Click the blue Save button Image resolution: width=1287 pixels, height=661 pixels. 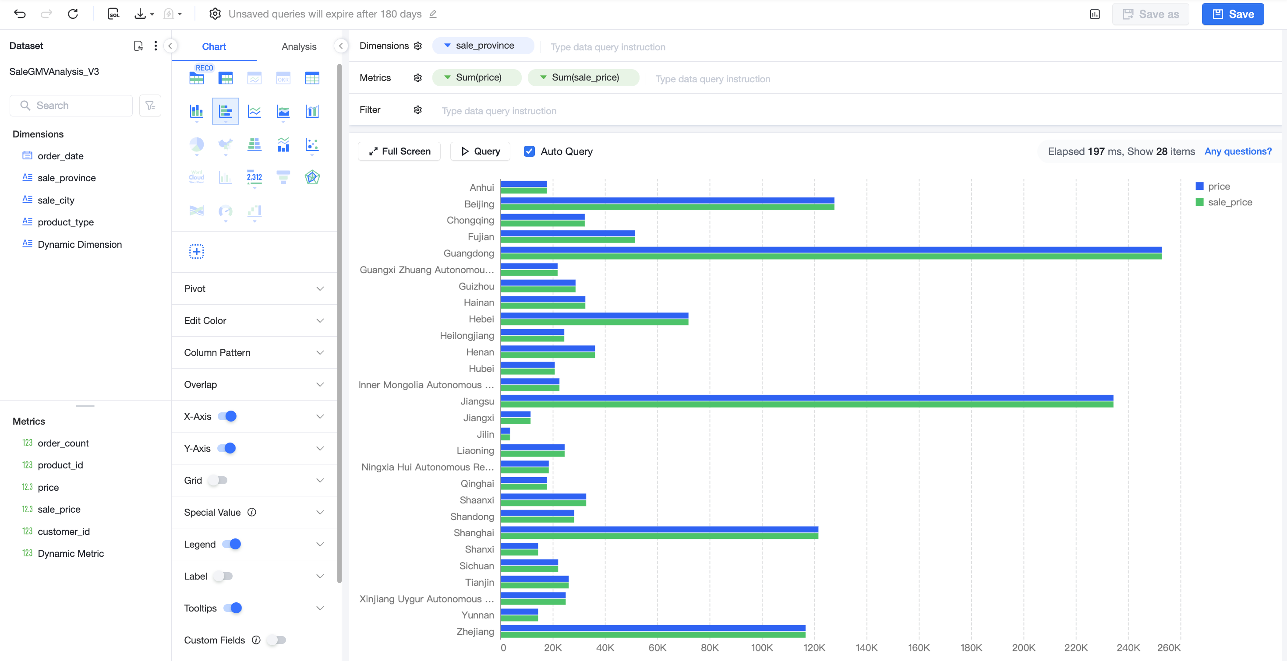pos(1233,14)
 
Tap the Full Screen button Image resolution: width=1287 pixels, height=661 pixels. pos(399,151)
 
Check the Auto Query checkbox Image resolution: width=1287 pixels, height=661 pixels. pos(529,151)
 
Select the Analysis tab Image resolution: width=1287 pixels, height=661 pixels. pos(299,46)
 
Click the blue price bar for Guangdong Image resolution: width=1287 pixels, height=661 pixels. pos(831,250)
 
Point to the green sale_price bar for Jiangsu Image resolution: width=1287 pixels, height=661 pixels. pos(807,404)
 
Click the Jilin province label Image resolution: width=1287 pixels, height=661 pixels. pos(485,434)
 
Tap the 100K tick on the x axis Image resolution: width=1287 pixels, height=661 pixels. pos(762,647)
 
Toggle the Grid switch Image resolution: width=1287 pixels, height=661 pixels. pos(218,480)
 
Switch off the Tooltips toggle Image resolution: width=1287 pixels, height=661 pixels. pos(233,608)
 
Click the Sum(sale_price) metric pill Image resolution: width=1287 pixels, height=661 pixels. pos(583,77)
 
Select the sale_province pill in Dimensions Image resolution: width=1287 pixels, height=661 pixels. pos(483,46)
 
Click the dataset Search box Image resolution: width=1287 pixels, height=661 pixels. pos(71,105)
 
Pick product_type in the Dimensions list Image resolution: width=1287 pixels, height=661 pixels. pos(65,222)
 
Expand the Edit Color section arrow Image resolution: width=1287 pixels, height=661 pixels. pos(320,320)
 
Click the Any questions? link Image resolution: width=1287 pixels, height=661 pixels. pos(1238,151)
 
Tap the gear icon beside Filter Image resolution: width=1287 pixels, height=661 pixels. pos(417,110)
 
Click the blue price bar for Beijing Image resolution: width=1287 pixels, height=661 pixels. pos(668,200)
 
